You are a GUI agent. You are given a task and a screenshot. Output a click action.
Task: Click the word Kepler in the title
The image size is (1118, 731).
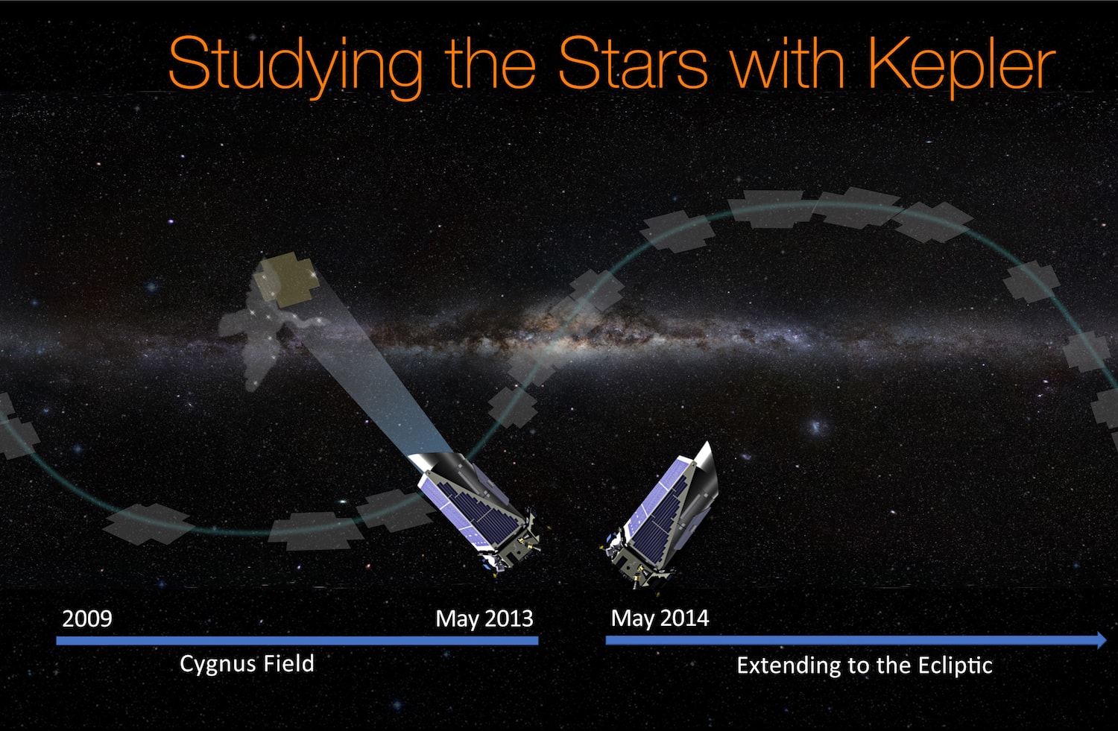(962, 66)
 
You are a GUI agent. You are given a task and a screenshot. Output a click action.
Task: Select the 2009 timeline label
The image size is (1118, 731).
(86, 618)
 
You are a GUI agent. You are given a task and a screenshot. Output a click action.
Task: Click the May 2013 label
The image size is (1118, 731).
(484, 618)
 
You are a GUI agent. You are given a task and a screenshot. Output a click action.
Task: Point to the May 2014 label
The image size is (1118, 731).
(660, 618)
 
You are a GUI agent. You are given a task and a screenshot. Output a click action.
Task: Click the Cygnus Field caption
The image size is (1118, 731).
(247, 664)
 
